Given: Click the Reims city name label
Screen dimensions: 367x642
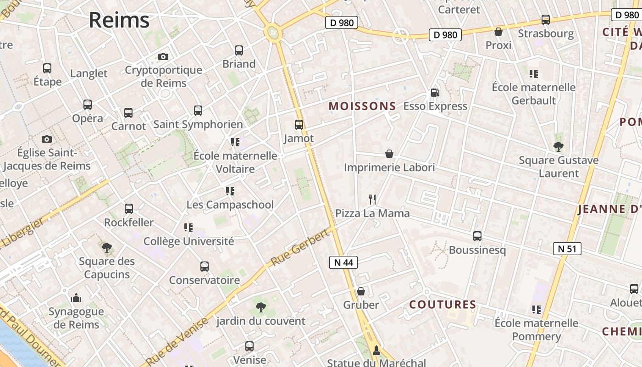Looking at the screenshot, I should [119, 20].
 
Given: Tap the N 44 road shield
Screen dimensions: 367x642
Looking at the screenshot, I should [343, 262].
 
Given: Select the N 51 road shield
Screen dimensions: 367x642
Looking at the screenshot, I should [567, 249].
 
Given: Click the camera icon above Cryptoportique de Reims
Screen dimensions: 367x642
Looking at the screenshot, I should [163, 56].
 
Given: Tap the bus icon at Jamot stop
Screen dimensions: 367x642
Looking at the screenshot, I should [299, 124].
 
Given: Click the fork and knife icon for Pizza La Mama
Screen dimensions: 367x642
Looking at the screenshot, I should [372, 200].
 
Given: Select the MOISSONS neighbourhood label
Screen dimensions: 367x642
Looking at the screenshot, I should [362, 106].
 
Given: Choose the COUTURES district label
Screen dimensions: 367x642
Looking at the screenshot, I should [443, 305].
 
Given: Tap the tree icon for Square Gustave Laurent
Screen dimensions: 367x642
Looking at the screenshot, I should [558, 147].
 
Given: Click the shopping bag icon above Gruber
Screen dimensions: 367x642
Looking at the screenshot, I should [361, 291].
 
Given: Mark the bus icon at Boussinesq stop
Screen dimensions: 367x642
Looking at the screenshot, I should [477, 236].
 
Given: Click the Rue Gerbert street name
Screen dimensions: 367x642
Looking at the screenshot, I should [300, 248].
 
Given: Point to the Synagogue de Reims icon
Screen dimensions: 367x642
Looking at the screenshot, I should [76, 298].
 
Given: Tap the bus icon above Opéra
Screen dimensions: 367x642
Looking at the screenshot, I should [88, 105].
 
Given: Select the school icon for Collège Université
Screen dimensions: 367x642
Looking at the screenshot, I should [188, 227].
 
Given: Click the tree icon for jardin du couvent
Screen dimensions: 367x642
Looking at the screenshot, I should [260, 307].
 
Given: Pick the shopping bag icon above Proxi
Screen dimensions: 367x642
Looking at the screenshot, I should [498, 32].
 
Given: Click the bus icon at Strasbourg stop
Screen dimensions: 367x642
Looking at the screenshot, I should [545, 20].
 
